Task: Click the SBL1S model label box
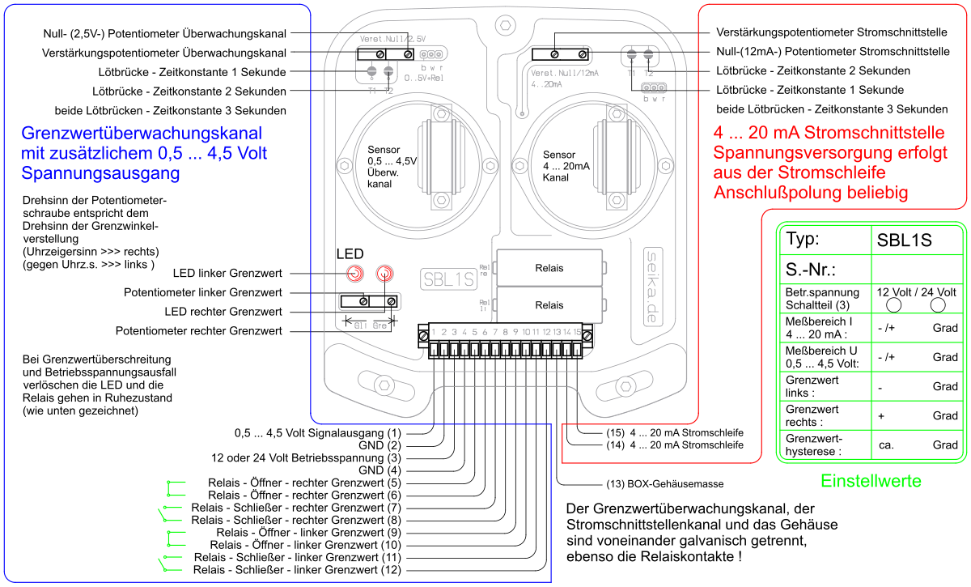pos(448,279)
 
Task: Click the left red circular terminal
pos(355,274)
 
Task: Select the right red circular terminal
pos(384,274)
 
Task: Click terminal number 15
pos(577,332)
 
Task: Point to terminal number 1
pos(434,332)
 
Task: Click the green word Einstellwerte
pos(871,481)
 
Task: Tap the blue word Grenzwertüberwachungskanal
pos(142,134)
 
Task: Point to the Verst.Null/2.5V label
pos(392,39)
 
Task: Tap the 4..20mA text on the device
pos(547,83)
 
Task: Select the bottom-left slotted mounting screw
pos(386,385)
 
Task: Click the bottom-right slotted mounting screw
pos(624,386)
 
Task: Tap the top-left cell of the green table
pos(825,240)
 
